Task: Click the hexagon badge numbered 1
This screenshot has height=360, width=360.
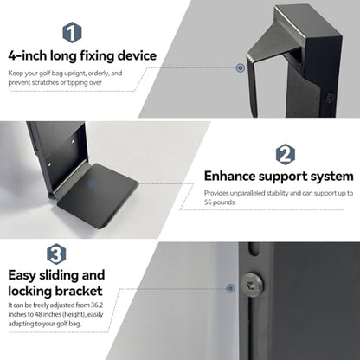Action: point(72,32)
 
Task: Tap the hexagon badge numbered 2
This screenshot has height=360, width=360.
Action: point(286,154)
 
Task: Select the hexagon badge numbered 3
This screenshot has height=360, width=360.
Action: point(56,254)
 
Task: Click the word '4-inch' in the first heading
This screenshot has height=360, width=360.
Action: point(28,55)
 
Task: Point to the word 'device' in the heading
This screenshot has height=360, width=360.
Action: point(137,55)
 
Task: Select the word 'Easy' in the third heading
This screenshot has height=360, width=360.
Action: point(22,275)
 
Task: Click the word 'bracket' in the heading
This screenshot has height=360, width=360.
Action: point(79,291)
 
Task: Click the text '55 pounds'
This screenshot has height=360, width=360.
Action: point(219,202)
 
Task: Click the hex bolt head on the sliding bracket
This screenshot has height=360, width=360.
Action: point(252,286)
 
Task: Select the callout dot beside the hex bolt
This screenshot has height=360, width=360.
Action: point(230,288)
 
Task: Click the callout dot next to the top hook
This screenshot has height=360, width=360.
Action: point(240,68)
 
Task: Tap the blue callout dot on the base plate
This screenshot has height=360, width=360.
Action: point(93,183)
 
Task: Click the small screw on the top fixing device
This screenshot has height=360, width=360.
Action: point(330,98)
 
